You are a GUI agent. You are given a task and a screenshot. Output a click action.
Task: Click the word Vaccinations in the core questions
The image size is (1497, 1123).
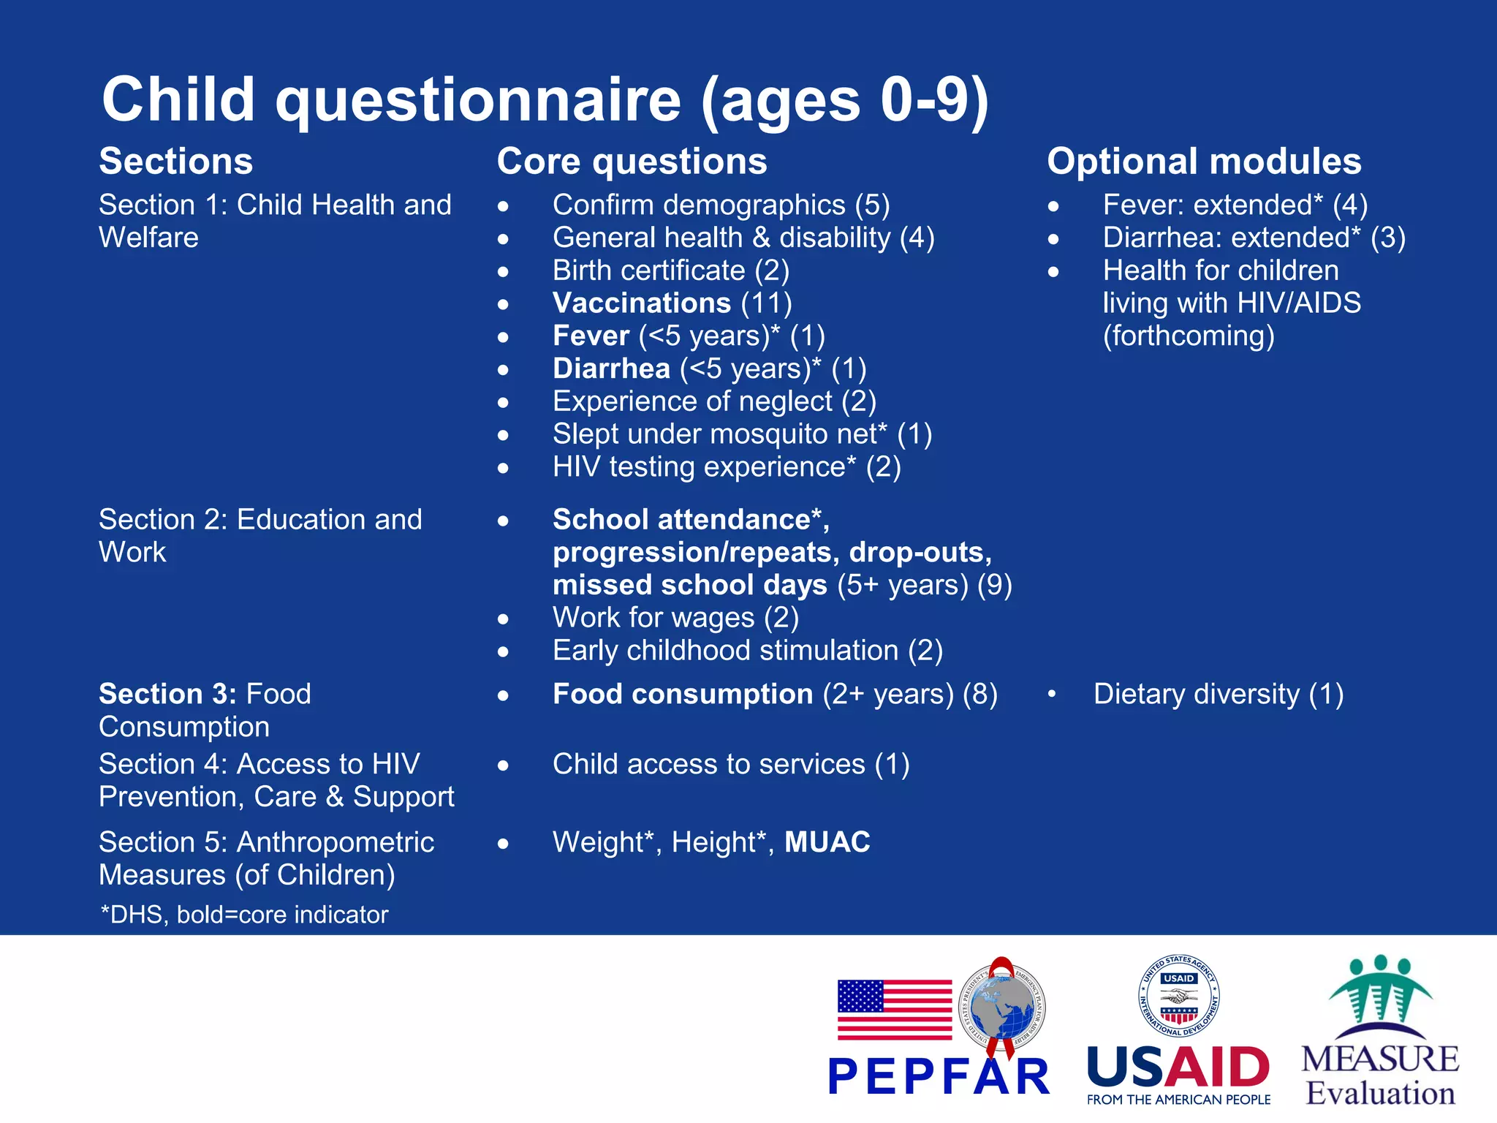(641, 303)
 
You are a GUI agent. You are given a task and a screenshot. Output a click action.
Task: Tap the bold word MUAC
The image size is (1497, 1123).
(827, 842)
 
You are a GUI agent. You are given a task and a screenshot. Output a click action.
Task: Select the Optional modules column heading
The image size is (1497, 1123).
(1204, 162)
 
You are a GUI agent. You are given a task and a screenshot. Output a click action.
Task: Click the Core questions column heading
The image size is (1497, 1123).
(632, 162)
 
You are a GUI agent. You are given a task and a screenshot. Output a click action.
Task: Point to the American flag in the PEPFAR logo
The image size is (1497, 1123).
(894, 1010)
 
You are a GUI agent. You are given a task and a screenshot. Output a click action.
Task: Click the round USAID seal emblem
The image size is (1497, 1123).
(1178, 996)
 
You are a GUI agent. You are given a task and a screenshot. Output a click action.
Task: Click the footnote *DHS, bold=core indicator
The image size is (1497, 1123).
(244, 915)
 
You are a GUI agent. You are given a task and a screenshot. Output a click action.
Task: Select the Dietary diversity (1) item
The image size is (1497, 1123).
(1218, 695)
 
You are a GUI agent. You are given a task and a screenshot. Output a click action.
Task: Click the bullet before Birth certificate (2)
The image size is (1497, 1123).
(503, 272)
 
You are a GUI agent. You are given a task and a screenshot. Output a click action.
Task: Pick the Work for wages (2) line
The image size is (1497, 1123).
(675, 618)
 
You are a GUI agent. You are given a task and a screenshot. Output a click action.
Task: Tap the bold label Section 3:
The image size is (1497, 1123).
(167, 694)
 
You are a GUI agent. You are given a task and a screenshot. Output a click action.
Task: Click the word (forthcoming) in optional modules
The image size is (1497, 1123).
(1189, 336)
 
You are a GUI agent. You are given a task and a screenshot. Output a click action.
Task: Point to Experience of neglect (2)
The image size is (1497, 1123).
(714, 401)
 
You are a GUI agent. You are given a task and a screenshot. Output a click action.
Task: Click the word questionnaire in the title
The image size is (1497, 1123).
(478, 100)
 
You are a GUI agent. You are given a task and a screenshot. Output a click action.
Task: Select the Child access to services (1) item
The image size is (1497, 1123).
(731, 765)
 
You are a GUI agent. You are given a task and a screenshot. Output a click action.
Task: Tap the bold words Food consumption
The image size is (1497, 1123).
(682, 695)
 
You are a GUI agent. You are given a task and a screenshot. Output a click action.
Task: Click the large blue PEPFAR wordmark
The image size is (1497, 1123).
(939, 1077)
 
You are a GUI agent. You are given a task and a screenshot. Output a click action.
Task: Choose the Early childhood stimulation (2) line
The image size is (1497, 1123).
(747, 651)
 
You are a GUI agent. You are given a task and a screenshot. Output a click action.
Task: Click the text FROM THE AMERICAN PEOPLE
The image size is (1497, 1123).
(1178, 1100)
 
